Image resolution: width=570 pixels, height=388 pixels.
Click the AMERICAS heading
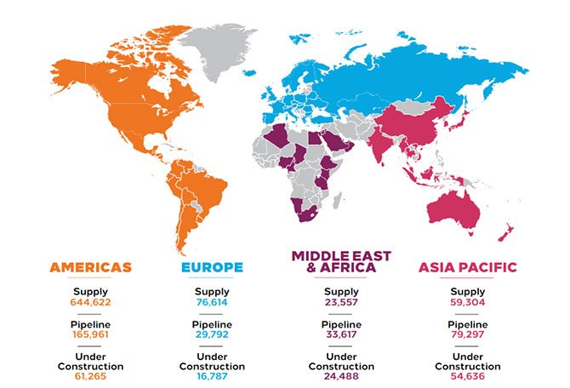[90, 267]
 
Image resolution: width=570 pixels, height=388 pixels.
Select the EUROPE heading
[212, 267]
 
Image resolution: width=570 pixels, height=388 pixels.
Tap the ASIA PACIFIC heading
[467, 267]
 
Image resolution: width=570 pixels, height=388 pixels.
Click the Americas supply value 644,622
[90, 302]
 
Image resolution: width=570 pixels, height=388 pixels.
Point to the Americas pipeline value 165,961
[90, 337]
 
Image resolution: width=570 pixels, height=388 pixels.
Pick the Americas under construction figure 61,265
[90, 378]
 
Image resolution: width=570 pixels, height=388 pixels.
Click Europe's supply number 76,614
[212, 302]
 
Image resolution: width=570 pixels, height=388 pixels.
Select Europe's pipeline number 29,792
[212, 337]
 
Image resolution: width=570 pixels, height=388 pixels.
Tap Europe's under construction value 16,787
[212, 378]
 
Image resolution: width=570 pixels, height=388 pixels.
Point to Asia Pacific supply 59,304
[467, 302]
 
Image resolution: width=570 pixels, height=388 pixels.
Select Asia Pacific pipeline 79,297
[467, 337]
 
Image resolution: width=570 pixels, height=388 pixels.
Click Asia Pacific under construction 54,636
[467, 378]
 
